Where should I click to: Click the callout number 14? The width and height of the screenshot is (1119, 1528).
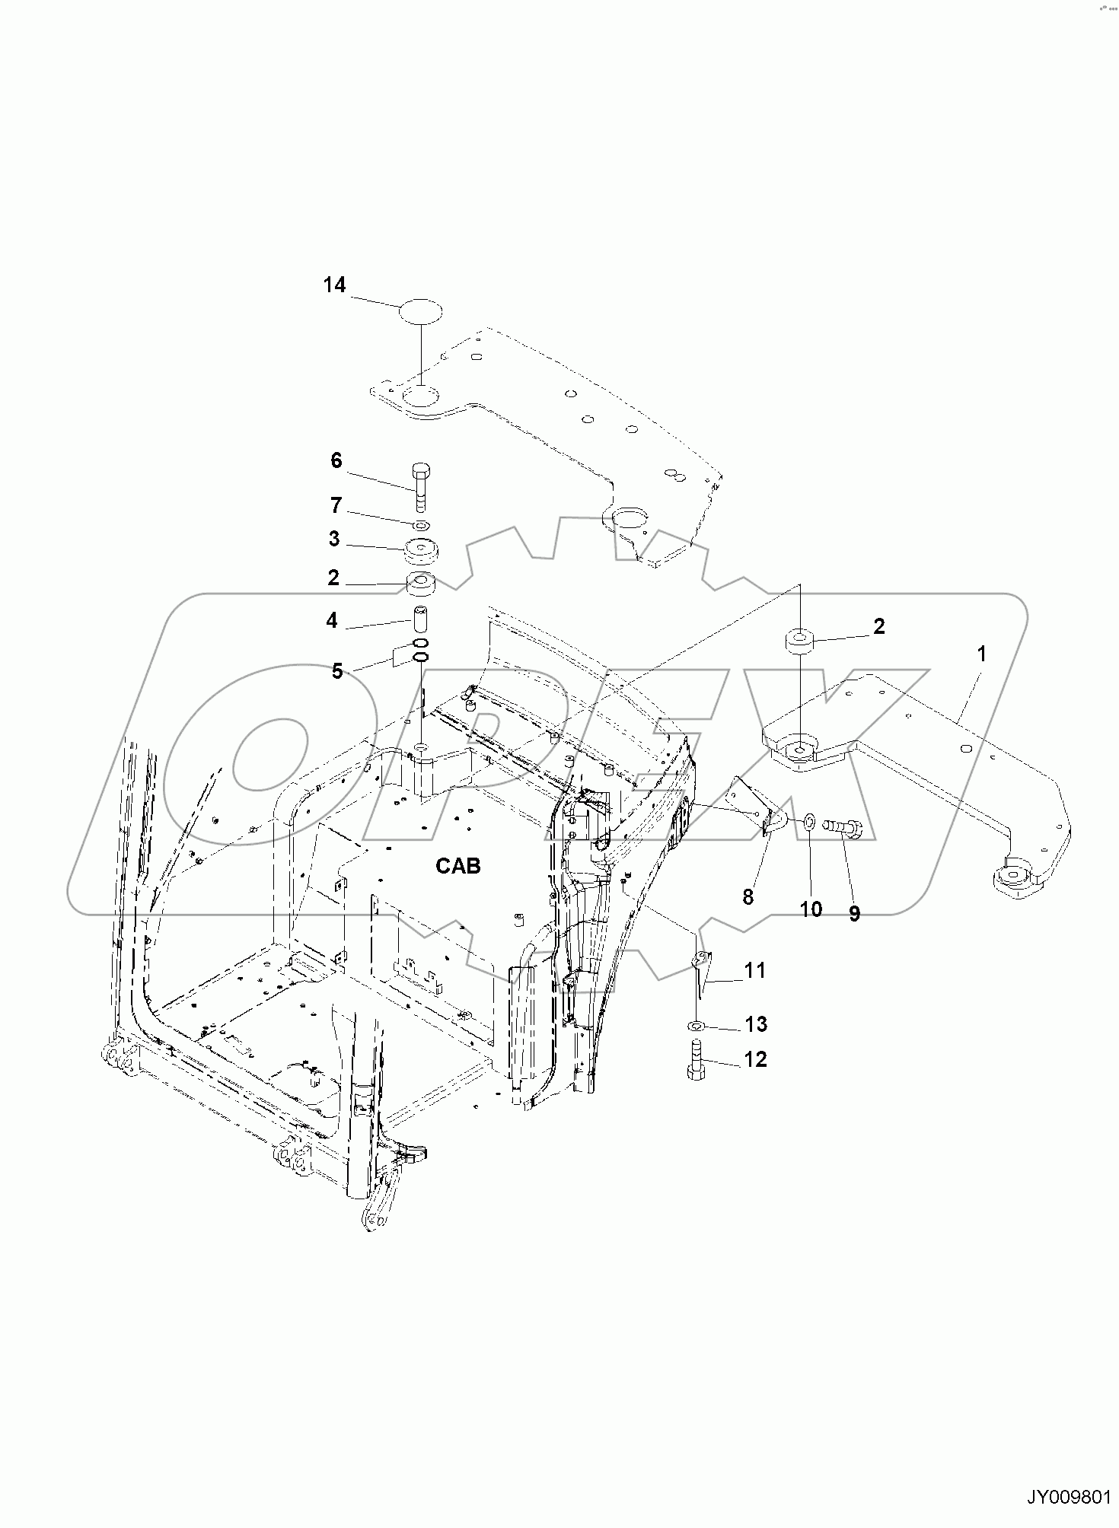click(334, 285)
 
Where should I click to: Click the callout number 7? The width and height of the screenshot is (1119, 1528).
click(336, 505)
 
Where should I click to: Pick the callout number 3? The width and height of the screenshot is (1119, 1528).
click(334, 539)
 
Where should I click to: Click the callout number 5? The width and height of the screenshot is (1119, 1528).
click(337, 670)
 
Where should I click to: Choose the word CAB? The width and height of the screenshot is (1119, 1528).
click(458, 864)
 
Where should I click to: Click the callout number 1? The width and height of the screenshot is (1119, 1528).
click(982, 654)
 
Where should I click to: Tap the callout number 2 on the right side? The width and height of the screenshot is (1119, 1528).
click(879, 626)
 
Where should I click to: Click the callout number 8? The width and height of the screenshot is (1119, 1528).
click(748, 897)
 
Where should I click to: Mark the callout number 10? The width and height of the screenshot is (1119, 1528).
click(811, 909)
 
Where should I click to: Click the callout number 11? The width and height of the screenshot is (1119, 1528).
click(755, 970)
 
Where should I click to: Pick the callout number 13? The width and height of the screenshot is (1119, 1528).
click(756, 1024)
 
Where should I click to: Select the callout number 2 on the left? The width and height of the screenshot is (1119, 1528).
click(333, 578)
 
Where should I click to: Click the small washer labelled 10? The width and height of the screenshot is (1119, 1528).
click(808, 820)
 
